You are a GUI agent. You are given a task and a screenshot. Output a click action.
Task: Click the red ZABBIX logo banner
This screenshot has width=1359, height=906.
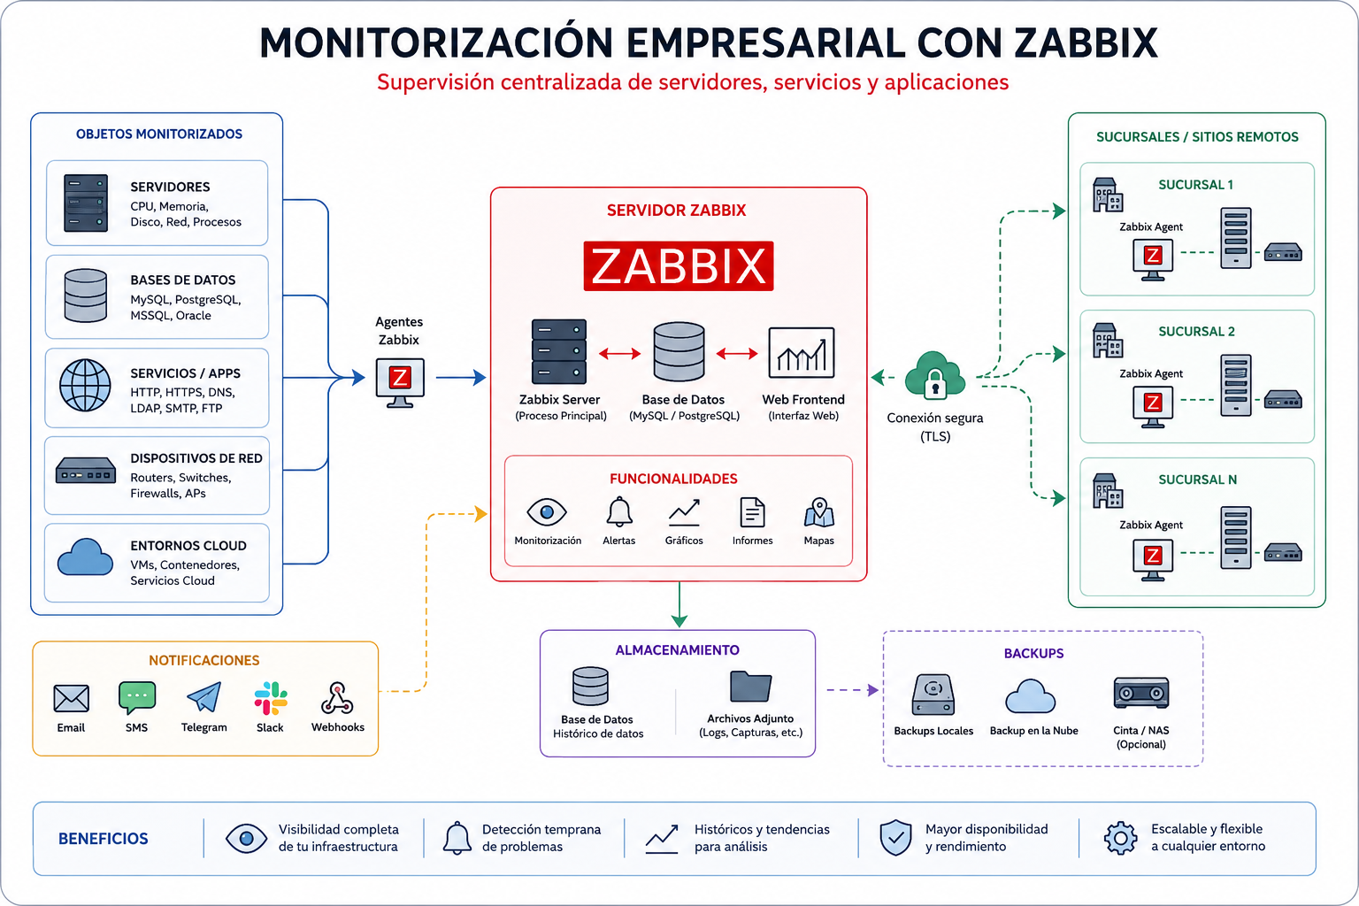[x=679, y=265]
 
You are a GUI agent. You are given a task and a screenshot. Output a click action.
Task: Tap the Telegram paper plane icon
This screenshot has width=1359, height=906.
[x=203, y=697]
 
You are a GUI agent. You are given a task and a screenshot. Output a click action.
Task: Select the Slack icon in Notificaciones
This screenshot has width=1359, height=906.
[x=271, y=698]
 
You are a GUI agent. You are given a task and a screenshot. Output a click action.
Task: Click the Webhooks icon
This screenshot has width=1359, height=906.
[x=337, y=698]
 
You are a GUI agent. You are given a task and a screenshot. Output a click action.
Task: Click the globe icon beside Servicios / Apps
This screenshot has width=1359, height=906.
[x=85, y=386]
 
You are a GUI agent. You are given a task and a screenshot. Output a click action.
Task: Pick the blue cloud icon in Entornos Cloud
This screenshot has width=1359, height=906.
[x=85, y=557]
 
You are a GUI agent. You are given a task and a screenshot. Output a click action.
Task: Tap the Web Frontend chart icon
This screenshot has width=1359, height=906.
[x=802, y=352]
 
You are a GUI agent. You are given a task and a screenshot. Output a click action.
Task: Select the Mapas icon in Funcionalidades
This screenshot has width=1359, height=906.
[x=819, y=513]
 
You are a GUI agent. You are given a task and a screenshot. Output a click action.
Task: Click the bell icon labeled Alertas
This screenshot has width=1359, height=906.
[x=619, y=511]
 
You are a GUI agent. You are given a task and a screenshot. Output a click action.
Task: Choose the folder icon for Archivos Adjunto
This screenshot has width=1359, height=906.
[x=750, y=687]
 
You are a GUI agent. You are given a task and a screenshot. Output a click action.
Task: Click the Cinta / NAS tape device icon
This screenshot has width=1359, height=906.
[x=1141, y=693]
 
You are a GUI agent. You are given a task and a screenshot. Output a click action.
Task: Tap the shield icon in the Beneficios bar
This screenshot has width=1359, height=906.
[x=895, y=837]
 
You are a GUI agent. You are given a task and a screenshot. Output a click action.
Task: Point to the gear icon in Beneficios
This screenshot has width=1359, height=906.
[x=1121, y=838]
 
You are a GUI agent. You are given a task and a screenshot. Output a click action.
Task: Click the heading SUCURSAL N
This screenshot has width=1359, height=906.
[x=1197, y=480]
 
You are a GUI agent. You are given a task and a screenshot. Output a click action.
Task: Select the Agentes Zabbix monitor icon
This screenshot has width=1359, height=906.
[x=400, y=383]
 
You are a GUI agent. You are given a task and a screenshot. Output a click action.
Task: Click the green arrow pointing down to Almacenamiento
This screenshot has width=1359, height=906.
[x=679, y=604]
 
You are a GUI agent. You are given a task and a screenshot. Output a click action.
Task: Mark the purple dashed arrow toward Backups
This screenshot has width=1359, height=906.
[x=852, y=690]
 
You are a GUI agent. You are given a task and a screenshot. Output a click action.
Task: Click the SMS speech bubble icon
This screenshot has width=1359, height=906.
[x=137, y=697]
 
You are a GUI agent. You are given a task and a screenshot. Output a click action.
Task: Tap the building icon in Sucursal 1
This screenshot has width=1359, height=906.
[x=1107, y=195]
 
